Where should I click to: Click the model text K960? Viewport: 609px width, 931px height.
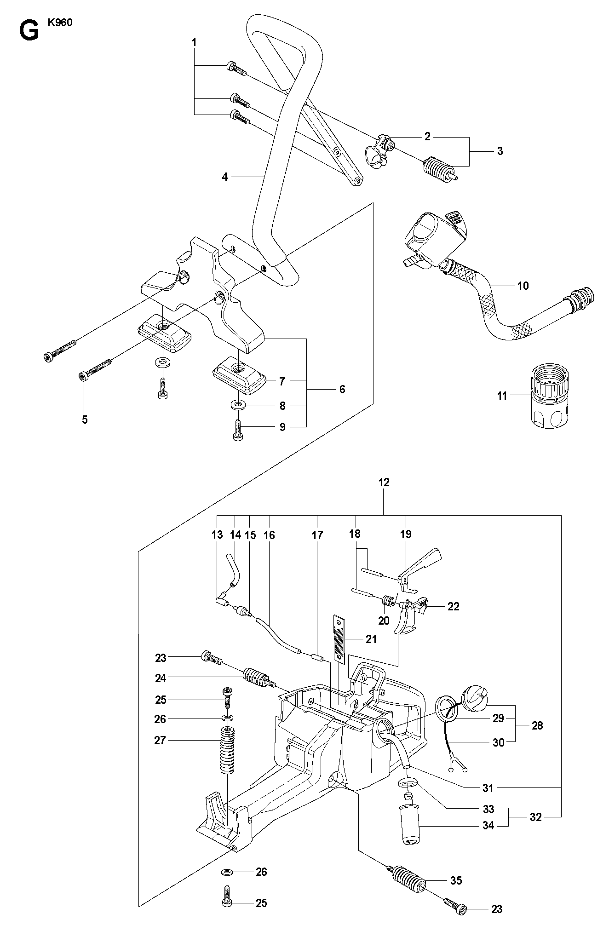click(x=60, y=23)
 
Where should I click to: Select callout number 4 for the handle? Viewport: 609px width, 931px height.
click(x=225, y=177)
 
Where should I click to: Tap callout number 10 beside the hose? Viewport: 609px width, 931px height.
click(x=523, y=286)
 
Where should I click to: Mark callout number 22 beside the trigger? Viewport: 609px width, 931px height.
click(x=454, y=606)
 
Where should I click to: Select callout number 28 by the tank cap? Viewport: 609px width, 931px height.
click(x=537, y=725)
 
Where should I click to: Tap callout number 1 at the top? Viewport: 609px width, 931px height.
click(x=194, y=42)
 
